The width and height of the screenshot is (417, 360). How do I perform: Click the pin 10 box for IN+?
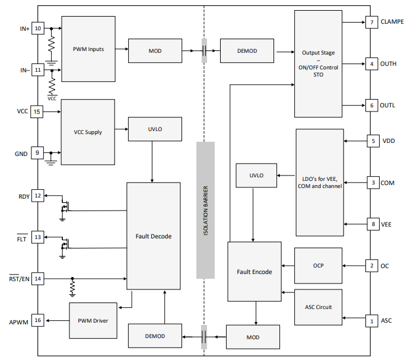click(x=38, y=28)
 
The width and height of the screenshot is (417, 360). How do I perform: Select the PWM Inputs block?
click(x=88, y=49)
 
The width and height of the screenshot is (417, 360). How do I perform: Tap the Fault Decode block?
click(x=154, y=236)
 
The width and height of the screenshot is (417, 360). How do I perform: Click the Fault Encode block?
click(x=254, y=272)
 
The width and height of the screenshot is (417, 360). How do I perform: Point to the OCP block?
click(x=318, y=266)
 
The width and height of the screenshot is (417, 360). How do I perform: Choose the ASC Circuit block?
click(x=318, y=307)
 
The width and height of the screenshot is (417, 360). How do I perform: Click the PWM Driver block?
click(x=93, y=320)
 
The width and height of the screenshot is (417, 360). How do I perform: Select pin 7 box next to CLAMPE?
click(x=371, y=23)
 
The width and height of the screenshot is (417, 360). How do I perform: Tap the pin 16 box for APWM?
click(x=38, y=320)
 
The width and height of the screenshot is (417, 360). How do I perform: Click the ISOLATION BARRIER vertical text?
click(x=206, y=211)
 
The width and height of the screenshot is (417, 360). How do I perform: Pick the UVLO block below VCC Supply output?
click(x=155, y=129)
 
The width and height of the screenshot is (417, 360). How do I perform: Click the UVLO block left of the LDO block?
click(x=256, y=176)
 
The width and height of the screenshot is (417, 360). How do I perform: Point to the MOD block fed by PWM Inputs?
click(x=155, y=51)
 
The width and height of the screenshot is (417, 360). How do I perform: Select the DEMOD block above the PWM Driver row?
click(x=155, y=336)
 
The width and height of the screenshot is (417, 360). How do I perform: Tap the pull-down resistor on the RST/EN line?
click(x=72, y=288)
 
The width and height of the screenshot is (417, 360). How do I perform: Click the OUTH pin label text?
click(x=389, y=64)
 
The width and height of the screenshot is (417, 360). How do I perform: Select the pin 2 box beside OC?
click(x=371, y=266)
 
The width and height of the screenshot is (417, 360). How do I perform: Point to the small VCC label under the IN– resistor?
click(x=52, y=98)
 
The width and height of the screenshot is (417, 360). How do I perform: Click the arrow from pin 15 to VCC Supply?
click(x=52, y=111)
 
